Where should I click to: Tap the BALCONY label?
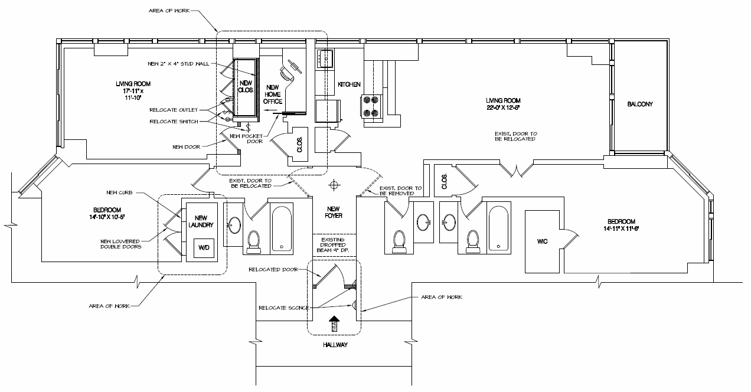point(640,104)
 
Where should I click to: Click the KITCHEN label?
point(349,84)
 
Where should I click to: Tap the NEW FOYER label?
point(335,212)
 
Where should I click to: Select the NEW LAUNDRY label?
point(202,221)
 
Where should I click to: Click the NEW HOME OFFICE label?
point(272,94)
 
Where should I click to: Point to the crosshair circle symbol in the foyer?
point(335,185)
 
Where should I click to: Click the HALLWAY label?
point(335,345)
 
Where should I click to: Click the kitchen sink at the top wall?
point(326,58)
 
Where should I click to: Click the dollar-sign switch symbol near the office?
point(248,126)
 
